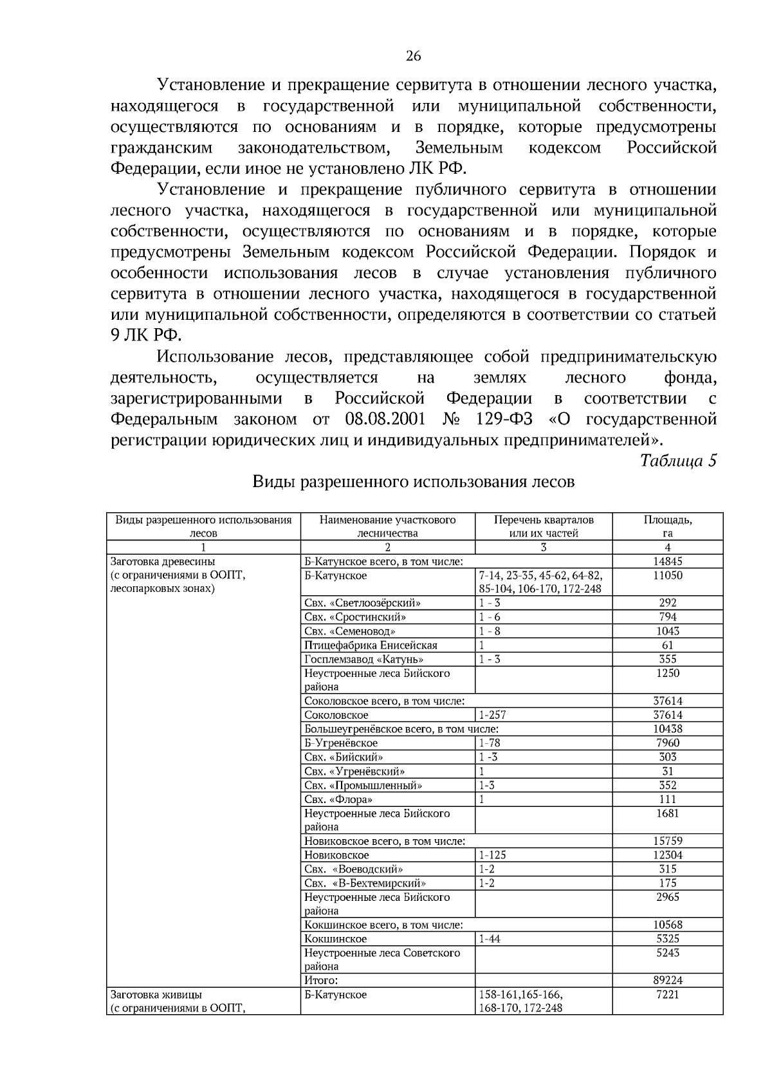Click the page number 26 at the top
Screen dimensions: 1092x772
(x=412, y=57)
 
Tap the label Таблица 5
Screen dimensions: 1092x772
(x=677, y=461)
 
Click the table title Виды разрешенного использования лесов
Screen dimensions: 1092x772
(x=412, y=482)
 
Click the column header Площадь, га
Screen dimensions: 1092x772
(x=667, y=526)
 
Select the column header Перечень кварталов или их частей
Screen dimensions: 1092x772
(x=543, y=526)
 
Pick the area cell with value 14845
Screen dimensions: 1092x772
(x=667, y=562)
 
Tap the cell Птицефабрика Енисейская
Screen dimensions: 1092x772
(x=371, y=645)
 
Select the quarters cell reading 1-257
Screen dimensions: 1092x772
(x=492, y=715)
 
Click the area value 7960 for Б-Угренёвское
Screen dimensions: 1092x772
(x=667, y=743)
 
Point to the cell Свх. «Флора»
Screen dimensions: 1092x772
(x=338, y=799)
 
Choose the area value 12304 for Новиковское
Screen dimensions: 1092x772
(x=667, y=855)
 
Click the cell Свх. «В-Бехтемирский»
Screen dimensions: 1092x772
(x=365, y=883)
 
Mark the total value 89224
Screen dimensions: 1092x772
(x=667, y=981)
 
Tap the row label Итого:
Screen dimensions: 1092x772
(x=321, y=981)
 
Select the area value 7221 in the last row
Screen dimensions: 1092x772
(x=667, y=995)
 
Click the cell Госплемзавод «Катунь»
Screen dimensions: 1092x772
(x=363, y=660)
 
